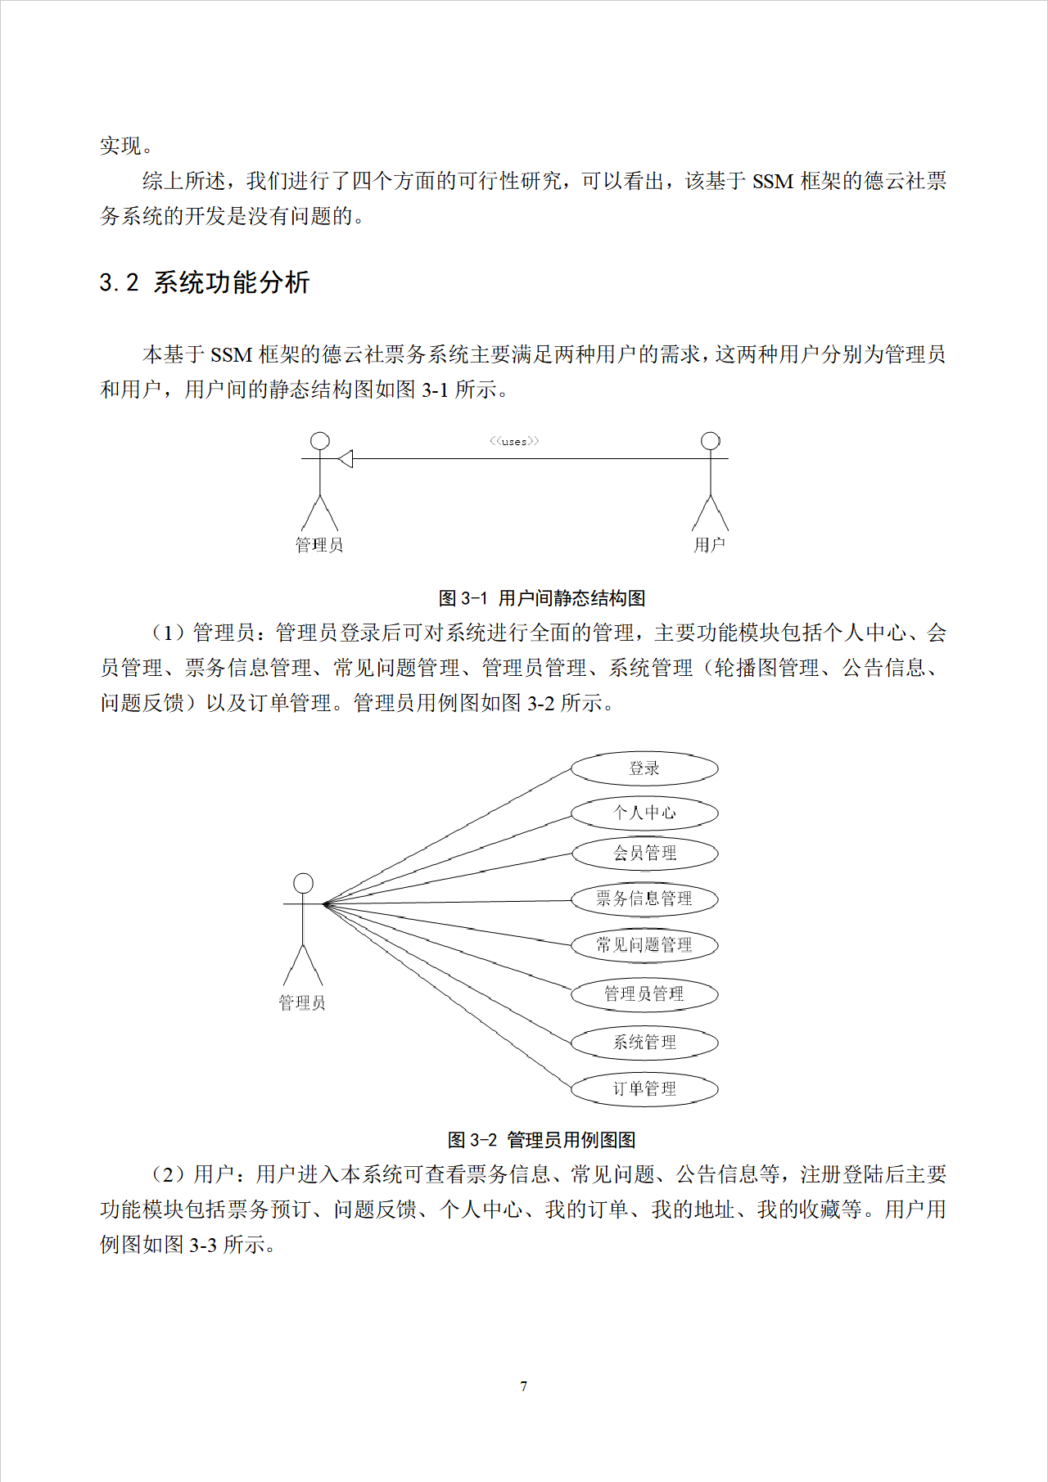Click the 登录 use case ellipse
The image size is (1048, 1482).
tap(644, 768)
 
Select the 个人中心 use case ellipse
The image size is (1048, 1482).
tap(644, 813)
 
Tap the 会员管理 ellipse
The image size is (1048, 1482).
tap(644, 854)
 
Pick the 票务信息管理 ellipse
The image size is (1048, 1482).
tap(644, 899)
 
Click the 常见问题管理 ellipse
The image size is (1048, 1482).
tap(644, 945)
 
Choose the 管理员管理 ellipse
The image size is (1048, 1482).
tap(644, 993)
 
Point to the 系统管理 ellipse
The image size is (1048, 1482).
tap(644, 1042)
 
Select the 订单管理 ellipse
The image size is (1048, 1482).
tap(644, 1088)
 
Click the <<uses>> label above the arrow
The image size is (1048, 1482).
tap(514, 441)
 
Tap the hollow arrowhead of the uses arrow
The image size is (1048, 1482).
tap(346, 459)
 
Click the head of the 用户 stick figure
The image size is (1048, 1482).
tap(711, 441)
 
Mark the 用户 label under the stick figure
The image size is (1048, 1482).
tap(709, 545)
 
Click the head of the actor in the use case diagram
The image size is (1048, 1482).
tap(303, 883)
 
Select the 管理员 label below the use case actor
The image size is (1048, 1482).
tap(302, 1002)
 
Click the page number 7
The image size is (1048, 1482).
tap(524, 1386)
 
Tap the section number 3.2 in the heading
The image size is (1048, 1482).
tap(120, 283)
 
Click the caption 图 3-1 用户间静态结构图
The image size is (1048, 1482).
tap(542, 598)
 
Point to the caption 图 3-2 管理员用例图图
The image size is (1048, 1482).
tap(542, 1140)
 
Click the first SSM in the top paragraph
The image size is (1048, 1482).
tap(773, 181)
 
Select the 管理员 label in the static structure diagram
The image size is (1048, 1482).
tap(319, 545)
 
